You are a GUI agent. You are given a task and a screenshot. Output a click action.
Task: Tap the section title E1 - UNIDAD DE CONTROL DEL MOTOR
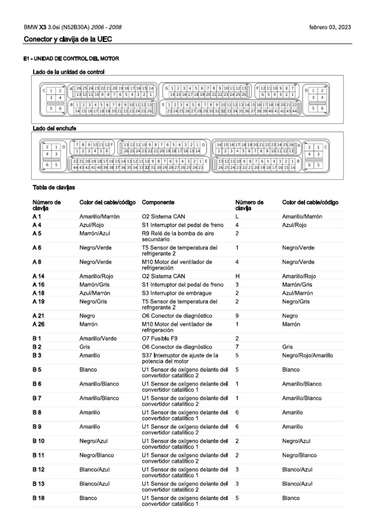tap(71, 59)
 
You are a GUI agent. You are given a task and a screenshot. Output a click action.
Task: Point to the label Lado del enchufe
tap(54, 129)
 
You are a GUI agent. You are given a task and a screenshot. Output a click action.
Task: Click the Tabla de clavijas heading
tap(54, 187)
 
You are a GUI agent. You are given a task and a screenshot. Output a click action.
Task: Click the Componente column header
tap(158, 202)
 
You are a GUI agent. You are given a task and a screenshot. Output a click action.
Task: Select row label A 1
tap(37, 216)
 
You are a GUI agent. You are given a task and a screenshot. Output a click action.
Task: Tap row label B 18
tap(39, 498)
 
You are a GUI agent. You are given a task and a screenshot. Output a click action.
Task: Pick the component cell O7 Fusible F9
tap(163, 339)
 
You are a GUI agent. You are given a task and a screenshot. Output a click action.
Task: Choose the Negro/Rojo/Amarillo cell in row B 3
tap(307, 355)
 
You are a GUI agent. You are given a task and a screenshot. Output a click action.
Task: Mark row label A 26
tap(39, 324)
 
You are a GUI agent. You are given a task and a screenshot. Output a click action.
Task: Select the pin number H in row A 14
tap(238, 276)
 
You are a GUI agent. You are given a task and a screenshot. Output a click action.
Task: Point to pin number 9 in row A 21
tap(237, 316)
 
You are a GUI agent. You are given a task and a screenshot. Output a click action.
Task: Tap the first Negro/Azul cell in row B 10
tap(94, 441)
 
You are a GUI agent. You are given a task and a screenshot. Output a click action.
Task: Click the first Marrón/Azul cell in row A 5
tap(95, 233)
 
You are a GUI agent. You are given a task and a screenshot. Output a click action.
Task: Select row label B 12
tap(39, 469)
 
